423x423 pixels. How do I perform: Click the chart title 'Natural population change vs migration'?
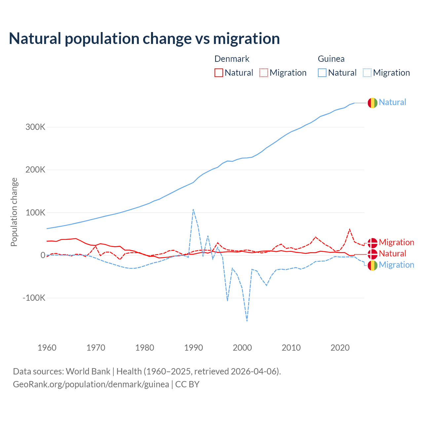[x=144, y=39]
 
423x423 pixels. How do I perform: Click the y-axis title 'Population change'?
[x=14, y=212]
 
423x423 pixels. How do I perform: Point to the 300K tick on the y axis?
[x=35, y=127]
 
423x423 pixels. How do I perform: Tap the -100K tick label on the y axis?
[x=34, y=298]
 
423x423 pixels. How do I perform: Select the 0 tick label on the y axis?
[x=43, y=255]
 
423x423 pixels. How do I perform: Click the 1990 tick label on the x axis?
[x=193, y=348]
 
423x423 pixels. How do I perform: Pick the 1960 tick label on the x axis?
[x=47, y=348]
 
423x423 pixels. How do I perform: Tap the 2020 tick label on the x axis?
[x=340, y=348]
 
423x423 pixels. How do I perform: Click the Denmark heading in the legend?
[x=232, y=59]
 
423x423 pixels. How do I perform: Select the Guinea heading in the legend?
[x=331, y=59]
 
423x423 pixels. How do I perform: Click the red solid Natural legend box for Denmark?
[x=219, y=73]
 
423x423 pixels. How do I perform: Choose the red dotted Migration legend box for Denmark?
[x=264, y=73]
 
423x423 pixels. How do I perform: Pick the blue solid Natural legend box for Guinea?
[x=322, y=73]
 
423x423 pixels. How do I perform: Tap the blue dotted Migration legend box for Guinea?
[x=367, y=73]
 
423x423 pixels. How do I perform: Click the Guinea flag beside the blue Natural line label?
[x=372, y=103]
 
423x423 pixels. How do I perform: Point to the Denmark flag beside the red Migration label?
[x=372, y=243]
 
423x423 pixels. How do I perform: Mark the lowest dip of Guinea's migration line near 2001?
[x=247, y=321]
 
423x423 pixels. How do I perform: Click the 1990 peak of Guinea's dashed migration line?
[x=193, y=209]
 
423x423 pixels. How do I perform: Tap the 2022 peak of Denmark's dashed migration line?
[x=350, y=229]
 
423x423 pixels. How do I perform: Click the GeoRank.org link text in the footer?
[x=91, y=384]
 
